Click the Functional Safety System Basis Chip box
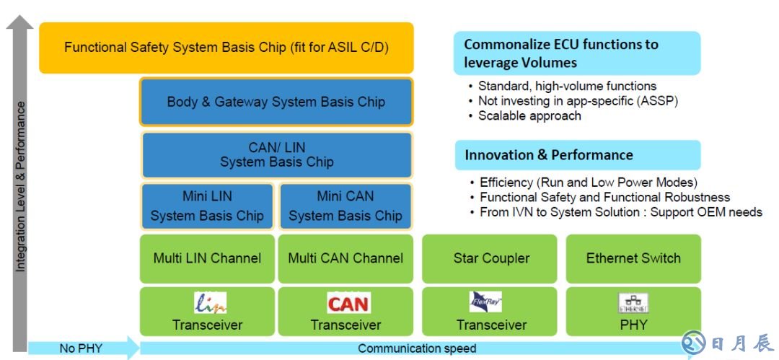(x=226, y=48)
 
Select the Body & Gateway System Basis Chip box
(x=276, y=102)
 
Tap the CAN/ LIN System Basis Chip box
(x=276, y=154)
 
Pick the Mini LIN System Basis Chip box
(x=207, y=206)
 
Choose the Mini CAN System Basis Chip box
(x=346, y=206)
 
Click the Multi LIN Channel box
(x=207, y=258)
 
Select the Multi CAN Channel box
(x=346, y=258)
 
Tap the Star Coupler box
(x=491, y=258)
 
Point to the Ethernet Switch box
(x=633, y=258)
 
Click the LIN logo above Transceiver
(x=210, y=302)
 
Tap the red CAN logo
(x=348, y=303)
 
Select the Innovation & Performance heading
(x=549, y=155)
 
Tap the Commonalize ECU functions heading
(x=561, y=53)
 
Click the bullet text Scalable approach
(x=529, y=115)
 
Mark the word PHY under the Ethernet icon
(x=633, y=325)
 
